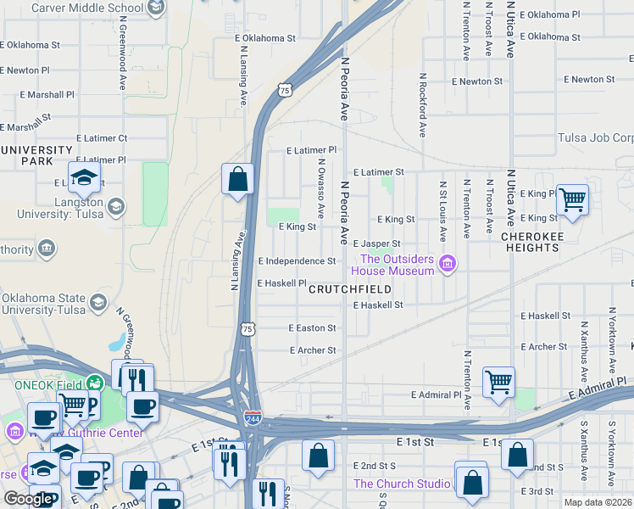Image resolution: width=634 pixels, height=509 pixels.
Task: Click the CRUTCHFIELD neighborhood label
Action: coord(349,289)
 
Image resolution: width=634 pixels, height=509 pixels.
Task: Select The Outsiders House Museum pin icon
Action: coord(448,265)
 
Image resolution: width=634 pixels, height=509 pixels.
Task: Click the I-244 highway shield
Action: coord(252,417)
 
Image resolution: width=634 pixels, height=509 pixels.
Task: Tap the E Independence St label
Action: coord(297,261)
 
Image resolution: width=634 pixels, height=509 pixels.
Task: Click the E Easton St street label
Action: coord(312,327)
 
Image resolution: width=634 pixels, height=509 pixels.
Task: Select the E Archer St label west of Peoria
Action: coord(313,350)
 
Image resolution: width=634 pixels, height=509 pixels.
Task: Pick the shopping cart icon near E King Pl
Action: coord(573,200)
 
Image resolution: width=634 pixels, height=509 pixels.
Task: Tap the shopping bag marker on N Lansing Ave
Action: coord(238,179)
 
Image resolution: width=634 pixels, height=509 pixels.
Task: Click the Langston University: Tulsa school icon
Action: coord(114,206)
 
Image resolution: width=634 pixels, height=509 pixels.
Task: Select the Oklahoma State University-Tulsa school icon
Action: coord(98,303)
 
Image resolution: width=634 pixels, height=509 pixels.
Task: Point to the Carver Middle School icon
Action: coord(155,8)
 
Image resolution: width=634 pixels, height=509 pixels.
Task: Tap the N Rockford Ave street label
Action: coord(422,104)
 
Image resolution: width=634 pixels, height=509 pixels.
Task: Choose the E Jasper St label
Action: coord(376,243)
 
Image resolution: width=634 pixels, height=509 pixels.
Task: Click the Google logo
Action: coord(28,499)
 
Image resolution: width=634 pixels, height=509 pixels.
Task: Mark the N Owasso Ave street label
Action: coord(321,187)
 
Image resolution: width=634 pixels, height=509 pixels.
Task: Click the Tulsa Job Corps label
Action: coord(595,137)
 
